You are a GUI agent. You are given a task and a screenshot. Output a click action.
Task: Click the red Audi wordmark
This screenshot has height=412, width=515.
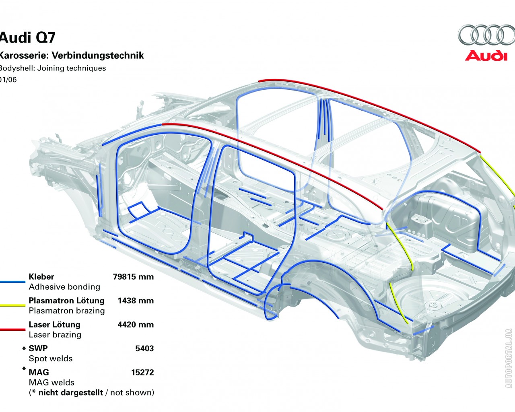(486, 56)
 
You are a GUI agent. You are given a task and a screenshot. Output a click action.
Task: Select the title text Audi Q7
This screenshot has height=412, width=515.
(27, 37)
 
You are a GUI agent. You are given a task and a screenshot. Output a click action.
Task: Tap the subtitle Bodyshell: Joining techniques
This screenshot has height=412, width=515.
(52, 68)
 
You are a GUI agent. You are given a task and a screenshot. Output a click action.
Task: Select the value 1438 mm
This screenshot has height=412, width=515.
(136, 301)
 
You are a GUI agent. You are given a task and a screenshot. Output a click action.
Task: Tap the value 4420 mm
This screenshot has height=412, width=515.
(136, 325)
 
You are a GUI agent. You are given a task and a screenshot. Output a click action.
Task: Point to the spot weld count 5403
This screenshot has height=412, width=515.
(144, 348)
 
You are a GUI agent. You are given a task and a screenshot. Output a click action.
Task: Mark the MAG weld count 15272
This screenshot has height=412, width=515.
(142, 373)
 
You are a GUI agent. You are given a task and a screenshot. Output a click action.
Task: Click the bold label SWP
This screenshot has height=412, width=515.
(38, 348)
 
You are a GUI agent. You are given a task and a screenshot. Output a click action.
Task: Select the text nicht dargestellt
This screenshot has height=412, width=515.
(70, 392)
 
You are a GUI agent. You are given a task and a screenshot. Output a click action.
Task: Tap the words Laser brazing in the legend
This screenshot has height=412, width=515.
(55, 335)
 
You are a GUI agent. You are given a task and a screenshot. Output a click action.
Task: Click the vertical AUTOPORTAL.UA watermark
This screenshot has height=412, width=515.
(509, 358)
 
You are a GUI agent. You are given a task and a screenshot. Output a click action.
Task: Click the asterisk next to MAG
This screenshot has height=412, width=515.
(24, 369)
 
